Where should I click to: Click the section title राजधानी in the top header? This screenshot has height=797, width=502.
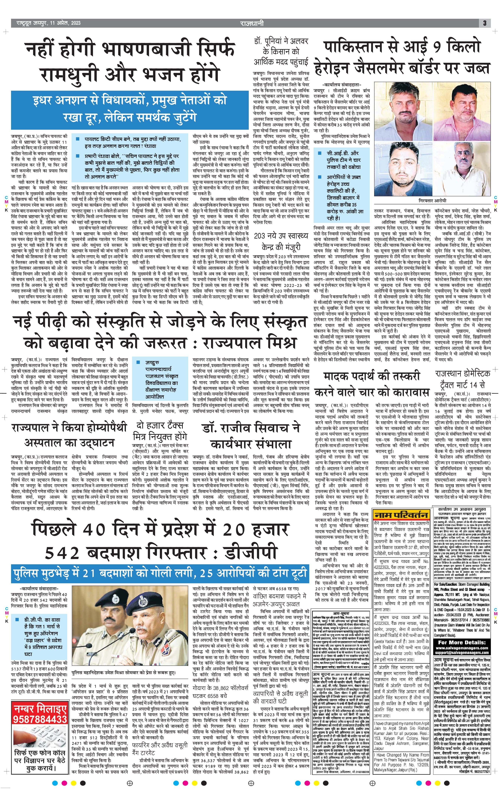point(252,23)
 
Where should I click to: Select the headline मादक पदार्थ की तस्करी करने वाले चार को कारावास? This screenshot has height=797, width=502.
point(372,385)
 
